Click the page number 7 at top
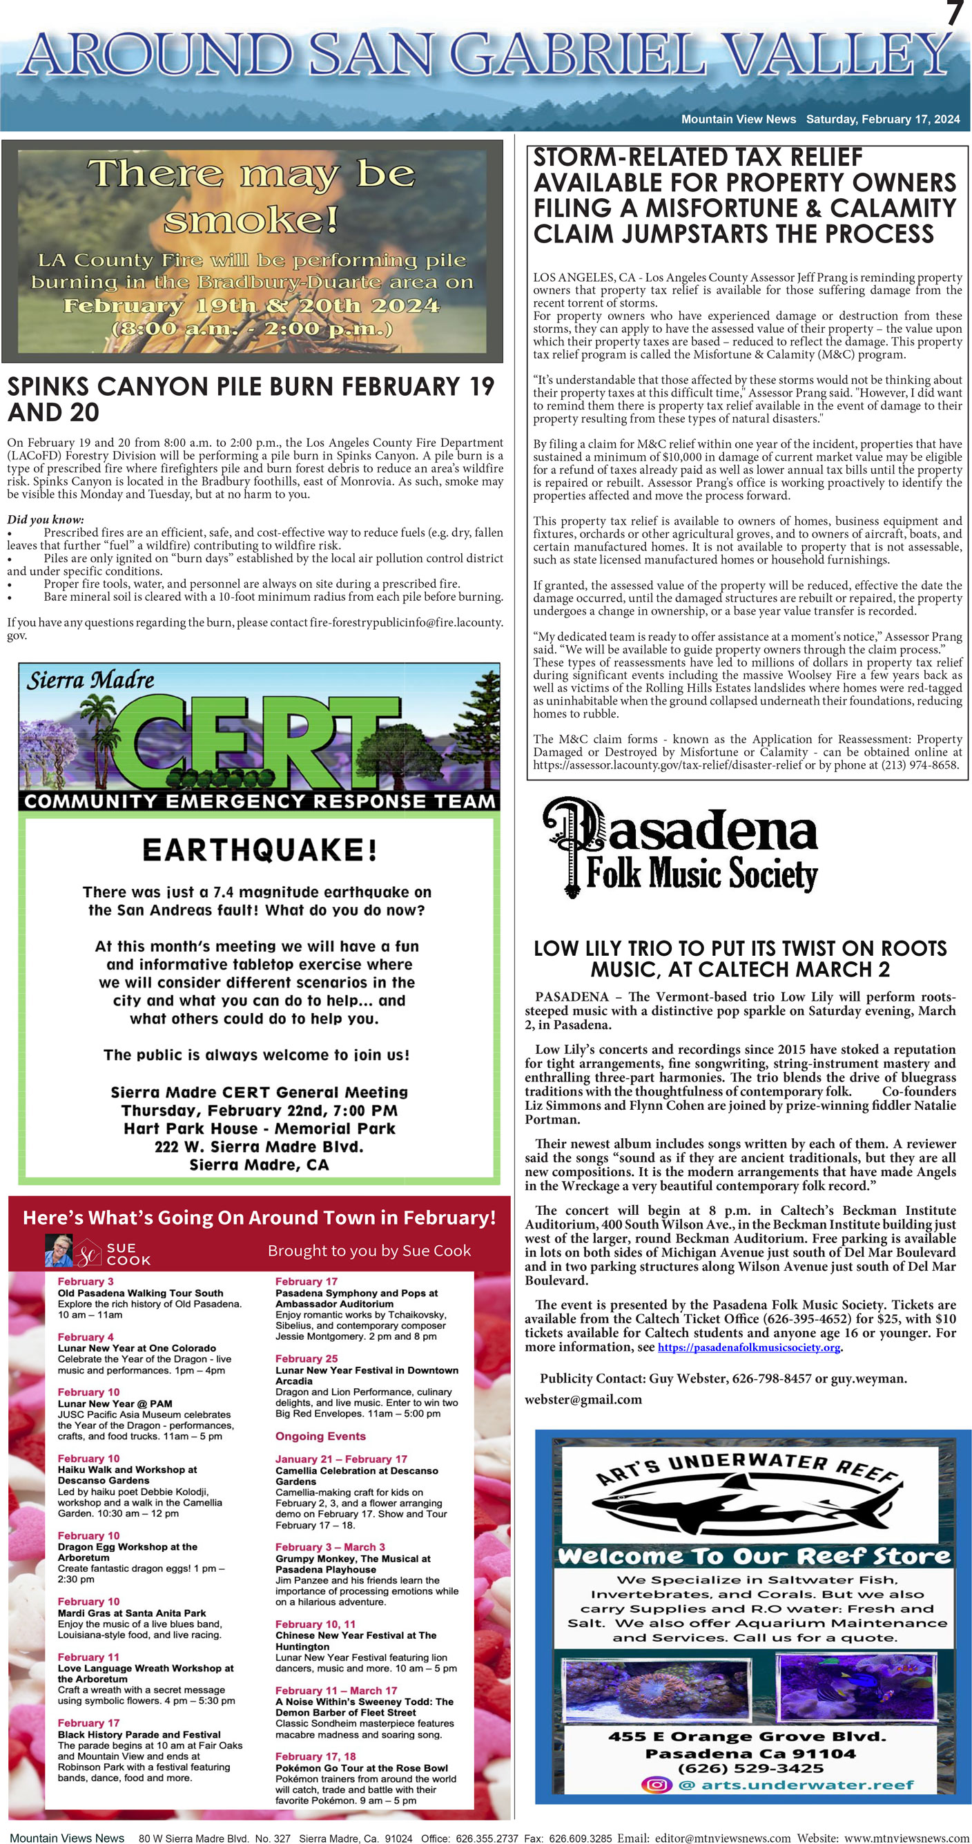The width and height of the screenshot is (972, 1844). tap(955, 14)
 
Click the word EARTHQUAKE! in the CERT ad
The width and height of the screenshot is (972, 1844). tap(259, 849)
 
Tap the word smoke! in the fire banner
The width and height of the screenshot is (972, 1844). tap(250, 219)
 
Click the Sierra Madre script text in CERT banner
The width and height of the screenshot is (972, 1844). tap(90, 680)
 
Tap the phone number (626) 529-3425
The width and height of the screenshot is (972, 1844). tap(750, 1767)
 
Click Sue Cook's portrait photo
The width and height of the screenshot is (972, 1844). tap(58, 1251)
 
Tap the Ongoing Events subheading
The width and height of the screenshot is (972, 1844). tap(320, 1436)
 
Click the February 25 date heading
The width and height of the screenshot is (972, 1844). tap(307, 1358)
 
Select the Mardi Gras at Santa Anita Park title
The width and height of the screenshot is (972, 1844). tap(132, 1613)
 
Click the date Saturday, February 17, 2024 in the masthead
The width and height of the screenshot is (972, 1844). tap(882, 119)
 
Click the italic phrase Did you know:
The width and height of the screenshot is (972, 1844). tap(45, 519)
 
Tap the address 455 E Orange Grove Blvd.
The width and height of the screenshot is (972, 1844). tap(747, 1736)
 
